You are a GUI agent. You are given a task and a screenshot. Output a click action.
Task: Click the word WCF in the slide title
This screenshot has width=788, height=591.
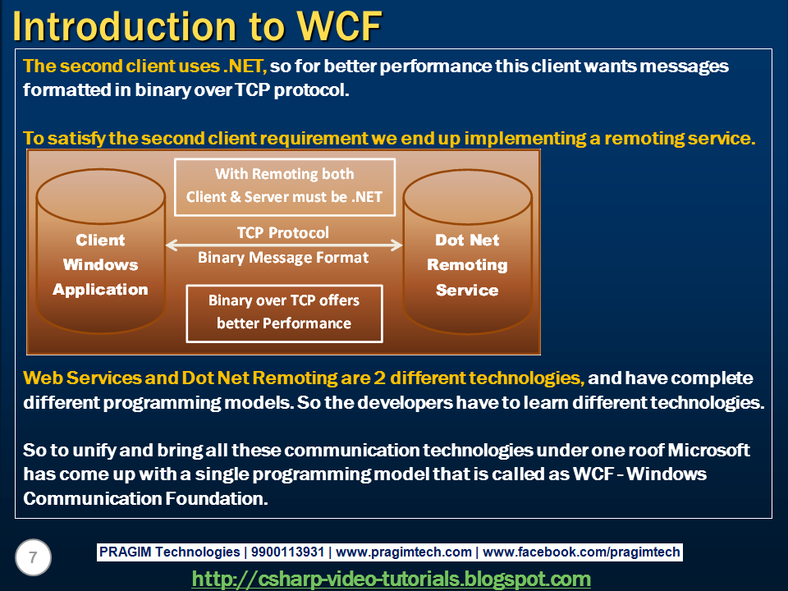click(339, 26)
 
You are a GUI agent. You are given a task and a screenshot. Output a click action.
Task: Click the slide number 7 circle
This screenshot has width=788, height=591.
click(33, 557)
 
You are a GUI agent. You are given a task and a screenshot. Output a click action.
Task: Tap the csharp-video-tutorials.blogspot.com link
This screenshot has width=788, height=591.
click(391, 579)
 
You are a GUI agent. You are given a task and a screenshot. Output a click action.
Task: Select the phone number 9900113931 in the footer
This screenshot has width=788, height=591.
click(287, 552)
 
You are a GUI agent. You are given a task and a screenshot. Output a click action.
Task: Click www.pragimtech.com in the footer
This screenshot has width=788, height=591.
click(404, 552)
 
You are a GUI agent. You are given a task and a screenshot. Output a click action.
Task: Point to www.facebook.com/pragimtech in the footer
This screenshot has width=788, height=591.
click(581, 552)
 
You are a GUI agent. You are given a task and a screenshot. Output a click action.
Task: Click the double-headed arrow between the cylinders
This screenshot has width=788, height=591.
click(284, 245)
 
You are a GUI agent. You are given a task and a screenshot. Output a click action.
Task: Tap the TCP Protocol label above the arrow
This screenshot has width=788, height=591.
click(283, 232)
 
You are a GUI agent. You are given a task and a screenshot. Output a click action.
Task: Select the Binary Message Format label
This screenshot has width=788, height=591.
click(283, 257)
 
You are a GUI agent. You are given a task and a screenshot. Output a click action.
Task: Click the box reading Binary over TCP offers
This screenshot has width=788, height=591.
click(285, 314)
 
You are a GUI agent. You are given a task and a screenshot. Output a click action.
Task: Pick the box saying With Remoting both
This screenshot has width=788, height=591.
click(285, 187)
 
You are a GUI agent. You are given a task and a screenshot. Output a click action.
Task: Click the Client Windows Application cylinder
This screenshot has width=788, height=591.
click(100, 251)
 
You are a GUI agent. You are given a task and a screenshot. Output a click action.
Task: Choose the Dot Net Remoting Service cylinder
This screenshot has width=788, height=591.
click(467, 251)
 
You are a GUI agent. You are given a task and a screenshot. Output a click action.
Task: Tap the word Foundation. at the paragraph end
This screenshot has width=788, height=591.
click(217, 498)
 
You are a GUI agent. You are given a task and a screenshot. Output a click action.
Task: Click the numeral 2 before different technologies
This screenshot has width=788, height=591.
click(379, 378)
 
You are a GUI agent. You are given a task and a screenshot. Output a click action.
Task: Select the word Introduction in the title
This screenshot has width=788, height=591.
click(124, 26)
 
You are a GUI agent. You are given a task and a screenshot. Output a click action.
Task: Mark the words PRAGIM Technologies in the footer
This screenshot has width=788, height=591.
click(169, 552)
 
